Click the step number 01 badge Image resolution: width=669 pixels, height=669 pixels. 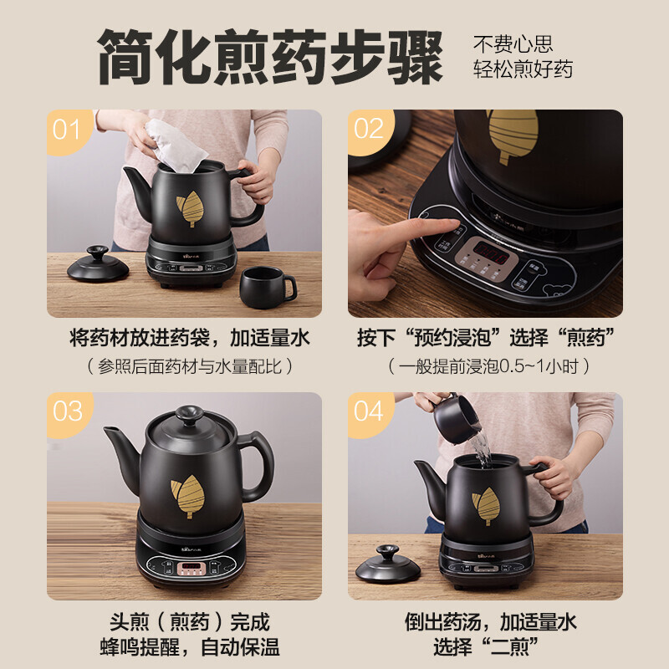tap(66, 130)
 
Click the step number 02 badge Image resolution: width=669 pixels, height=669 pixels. tap(369, 130)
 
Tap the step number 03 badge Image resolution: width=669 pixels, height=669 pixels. tap(67, 411)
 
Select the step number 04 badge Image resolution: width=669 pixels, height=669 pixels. tap(369, 411)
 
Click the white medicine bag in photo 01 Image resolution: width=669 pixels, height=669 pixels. tap(176, 147)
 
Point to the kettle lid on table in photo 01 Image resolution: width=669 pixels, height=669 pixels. tap(98, 266)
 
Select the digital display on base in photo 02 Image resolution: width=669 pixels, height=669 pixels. tap(488, 252)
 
